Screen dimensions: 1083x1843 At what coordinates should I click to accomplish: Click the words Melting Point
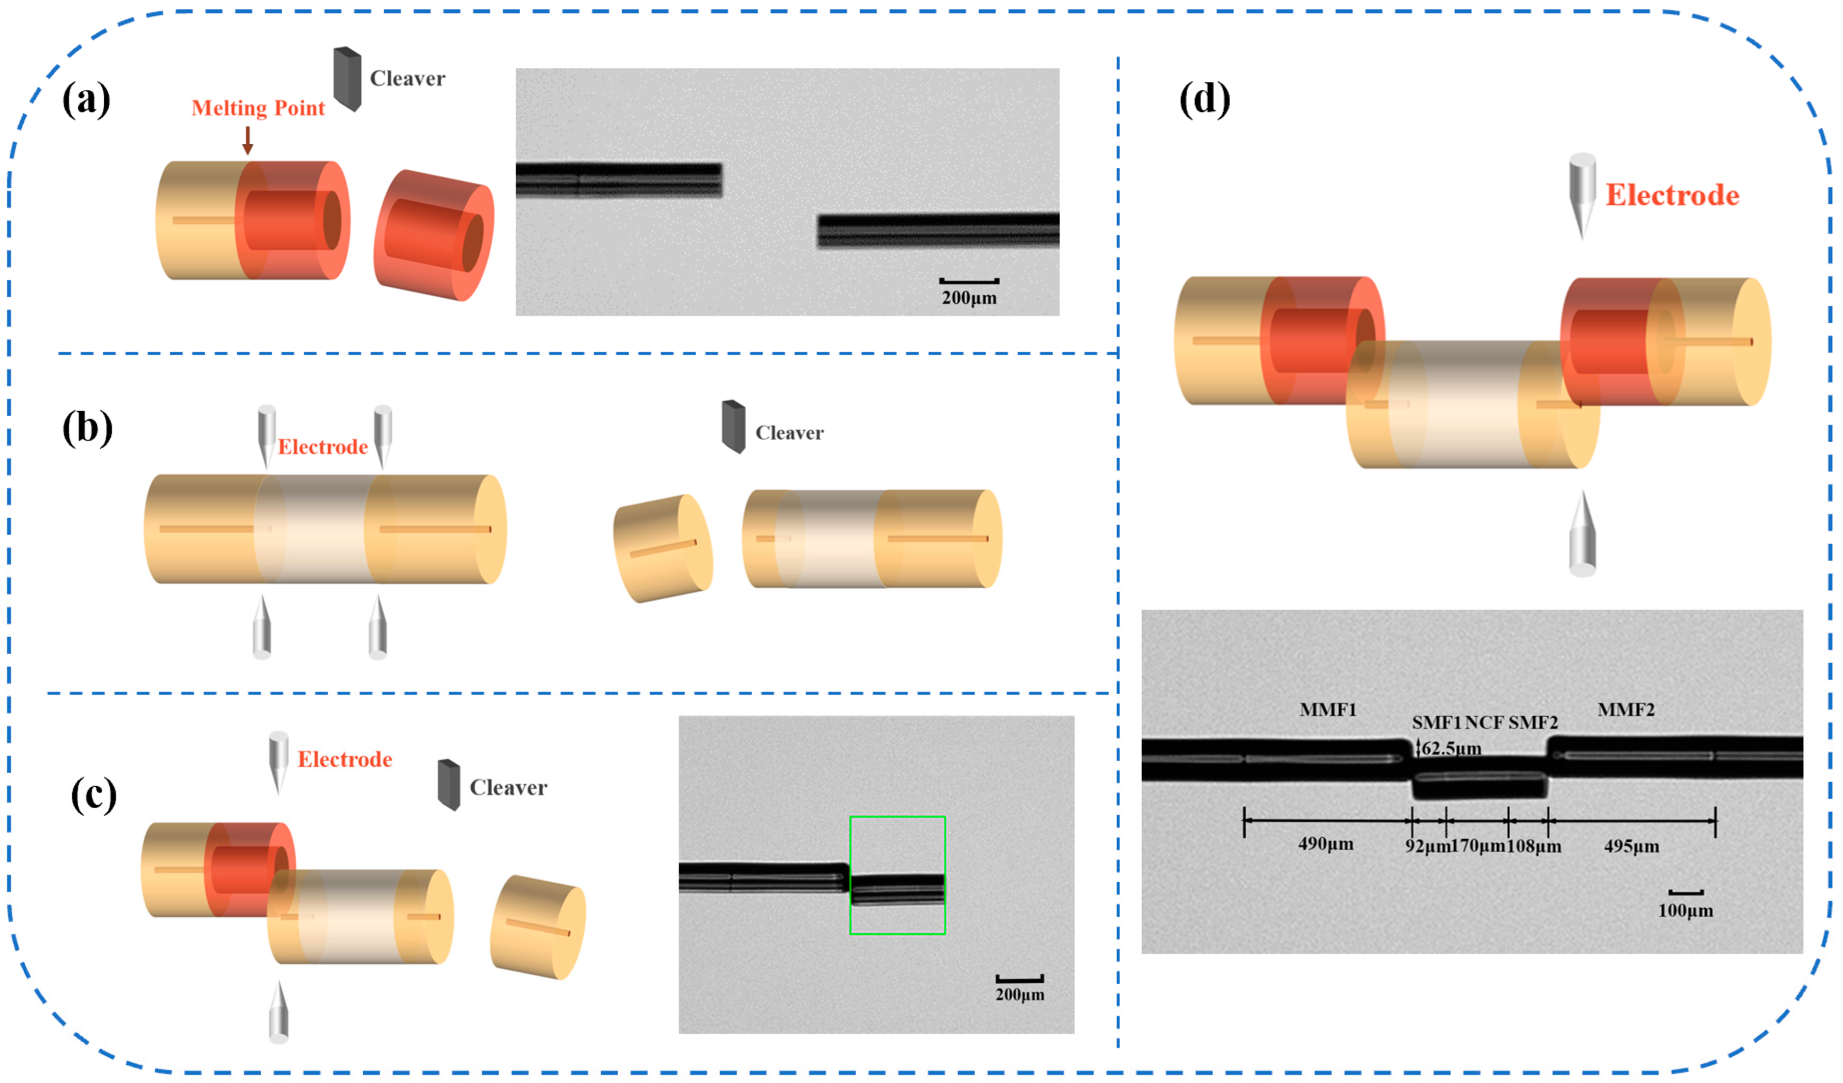[257, 108]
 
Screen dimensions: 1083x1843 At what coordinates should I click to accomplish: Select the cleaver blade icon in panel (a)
[347, 79]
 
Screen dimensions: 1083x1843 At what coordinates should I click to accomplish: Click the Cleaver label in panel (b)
[789, 433]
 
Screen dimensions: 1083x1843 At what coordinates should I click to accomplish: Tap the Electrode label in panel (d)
[1672, 195]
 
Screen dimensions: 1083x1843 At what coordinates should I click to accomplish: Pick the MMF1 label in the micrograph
[1328, 709]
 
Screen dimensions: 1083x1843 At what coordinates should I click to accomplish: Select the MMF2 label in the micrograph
[1625, 709]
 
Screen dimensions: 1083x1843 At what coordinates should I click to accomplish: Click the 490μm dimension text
[1325, 844]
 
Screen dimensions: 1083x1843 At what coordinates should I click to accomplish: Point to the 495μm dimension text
[1631, 846]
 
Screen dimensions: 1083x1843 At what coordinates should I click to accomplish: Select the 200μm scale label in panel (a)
[968, 298]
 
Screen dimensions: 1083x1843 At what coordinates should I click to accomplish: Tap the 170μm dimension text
[1477, 846]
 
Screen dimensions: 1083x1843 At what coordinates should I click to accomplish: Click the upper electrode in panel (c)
[278, 760]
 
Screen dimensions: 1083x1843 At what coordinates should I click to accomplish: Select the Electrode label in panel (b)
[323, 447]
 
